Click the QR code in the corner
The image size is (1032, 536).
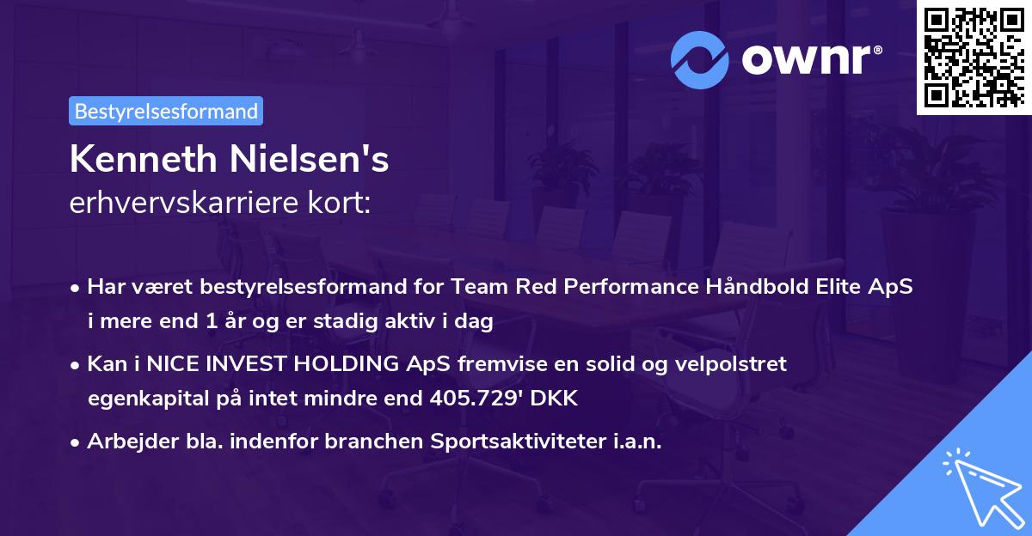[x=974, y=57]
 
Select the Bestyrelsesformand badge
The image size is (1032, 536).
[x=166, y=111]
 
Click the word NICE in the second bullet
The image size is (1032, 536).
[x=172, y=364]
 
